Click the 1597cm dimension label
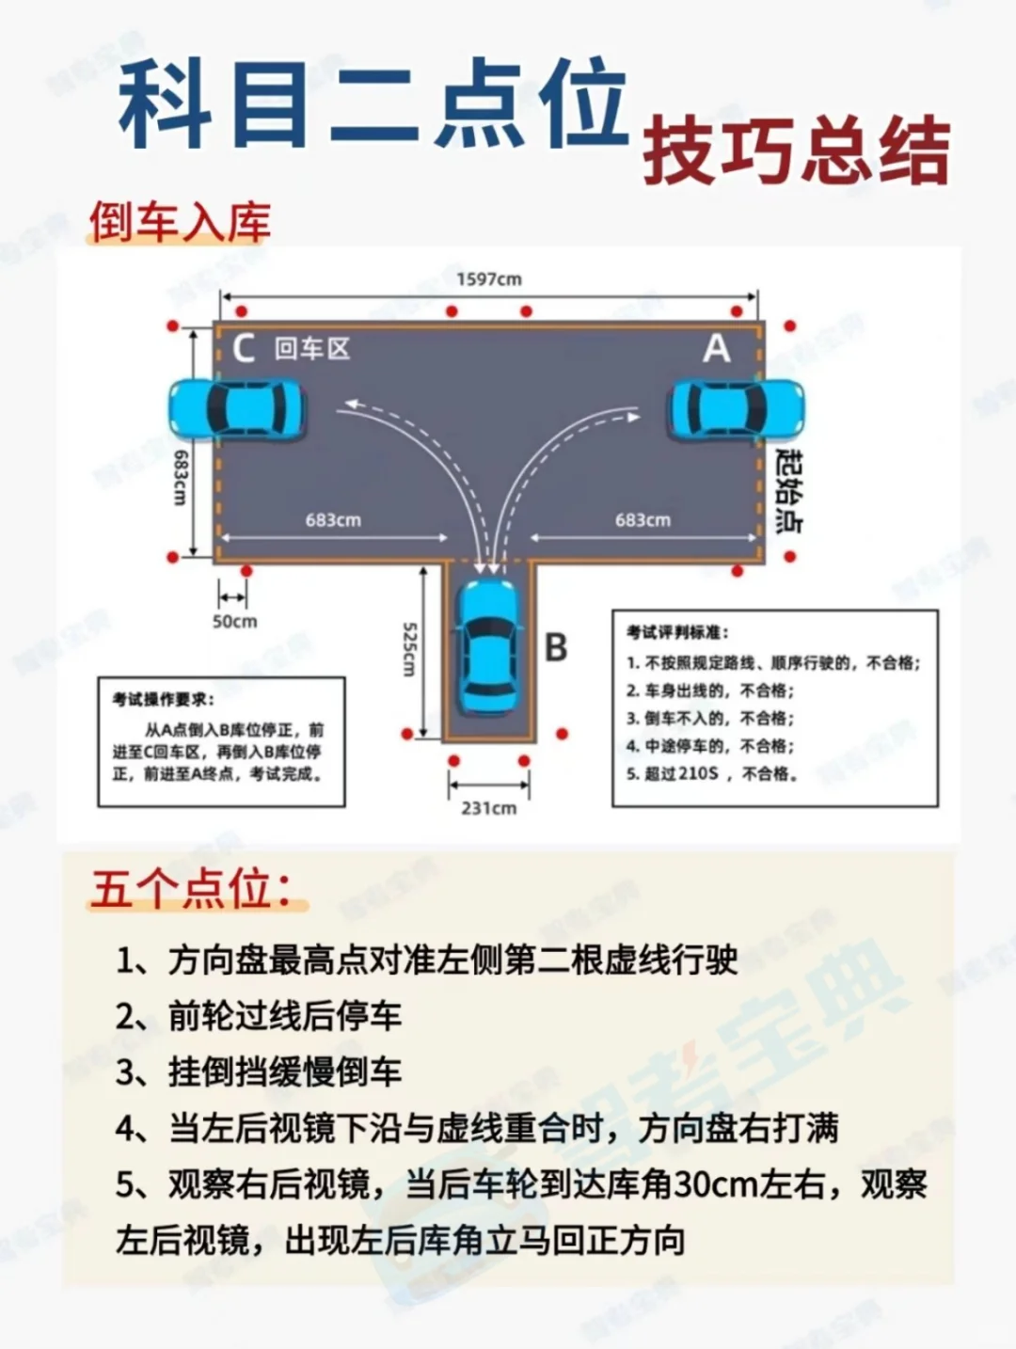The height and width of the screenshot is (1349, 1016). point(489,279)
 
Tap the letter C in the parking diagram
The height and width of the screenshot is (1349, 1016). point(244,348)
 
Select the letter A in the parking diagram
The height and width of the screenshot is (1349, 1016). point(717,348)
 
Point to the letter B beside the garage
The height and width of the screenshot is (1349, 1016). point(556,646)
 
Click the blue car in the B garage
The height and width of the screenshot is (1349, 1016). point(489,647)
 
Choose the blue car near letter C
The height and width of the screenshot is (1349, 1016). point(237,408)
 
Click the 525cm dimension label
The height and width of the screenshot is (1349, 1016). point(409,650)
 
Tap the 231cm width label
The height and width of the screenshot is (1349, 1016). point(489,807)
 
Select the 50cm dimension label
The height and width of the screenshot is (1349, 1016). point(235,621)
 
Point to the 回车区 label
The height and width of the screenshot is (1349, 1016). point(312,349)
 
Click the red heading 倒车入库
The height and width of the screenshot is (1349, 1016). point(181,222)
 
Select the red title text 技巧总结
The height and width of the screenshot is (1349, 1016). point(797,151)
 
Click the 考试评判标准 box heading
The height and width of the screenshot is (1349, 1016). point(676,632)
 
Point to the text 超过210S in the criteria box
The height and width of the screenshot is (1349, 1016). point(681,774)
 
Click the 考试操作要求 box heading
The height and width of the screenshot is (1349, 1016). point(163,699)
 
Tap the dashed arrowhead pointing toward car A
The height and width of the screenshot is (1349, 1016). point(633,418)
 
